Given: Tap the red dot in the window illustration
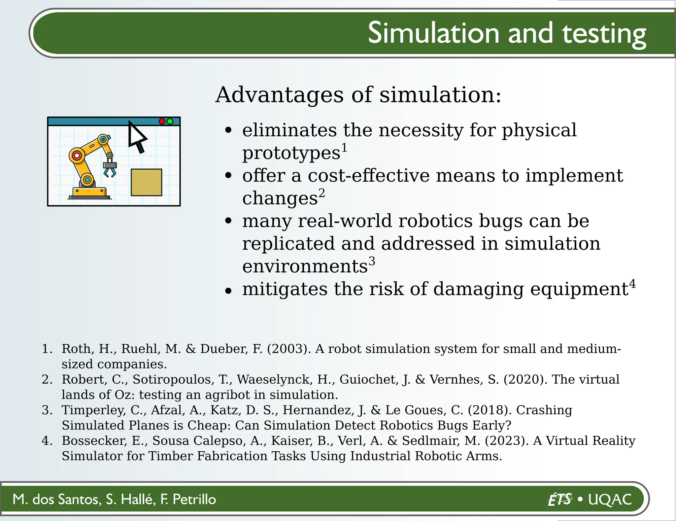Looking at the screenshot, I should [x=162, y=121].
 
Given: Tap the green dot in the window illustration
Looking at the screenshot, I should [x=170, y=121].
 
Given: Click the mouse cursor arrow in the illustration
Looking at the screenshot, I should [x=136, y=136].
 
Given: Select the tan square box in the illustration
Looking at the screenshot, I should [x=147, y=182].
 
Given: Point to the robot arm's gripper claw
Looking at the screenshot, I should [x=110, y=170].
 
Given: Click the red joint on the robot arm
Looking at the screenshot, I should [x=77, y=155].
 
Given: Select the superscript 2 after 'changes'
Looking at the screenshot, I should [x=321, y=193].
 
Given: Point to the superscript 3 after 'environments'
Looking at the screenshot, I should [x=372, y=261].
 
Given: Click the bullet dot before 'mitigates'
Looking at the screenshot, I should [x=228, y=291].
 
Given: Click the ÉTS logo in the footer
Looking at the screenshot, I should [x=560, y=499].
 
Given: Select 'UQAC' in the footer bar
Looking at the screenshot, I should [x=610, y=499].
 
